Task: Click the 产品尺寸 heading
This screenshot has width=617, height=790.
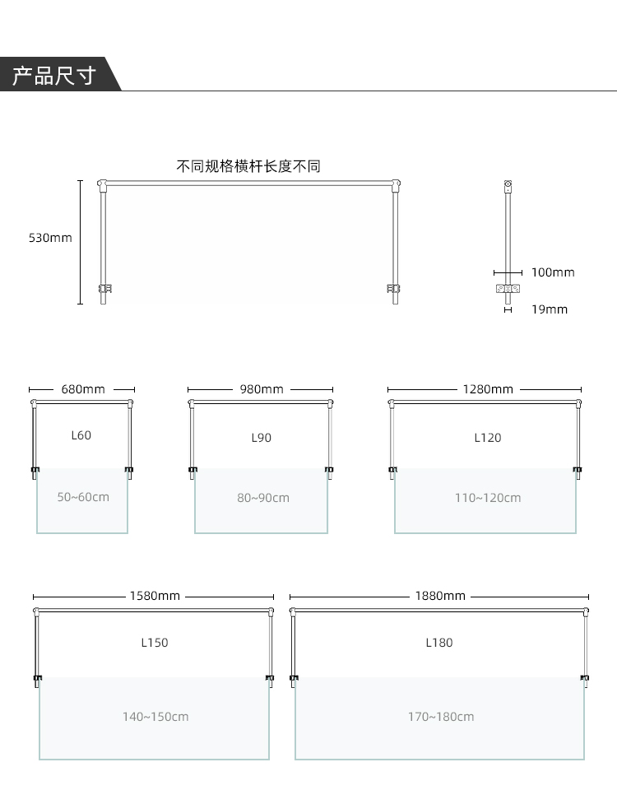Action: pos(54,76)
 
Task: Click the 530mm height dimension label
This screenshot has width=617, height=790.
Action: pos(50,238)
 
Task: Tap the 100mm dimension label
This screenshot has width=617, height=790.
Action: pos(553,272)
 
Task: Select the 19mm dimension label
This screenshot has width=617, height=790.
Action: pos(550,309)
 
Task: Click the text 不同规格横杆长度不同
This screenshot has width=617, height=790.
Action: pos(248,166)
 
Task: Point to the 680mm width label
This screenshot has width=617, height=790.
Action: pos(83,389)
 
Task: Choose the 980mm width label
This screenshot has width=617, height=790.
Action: pos(262,389)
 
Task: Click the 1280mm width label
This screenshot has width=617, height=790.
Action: pos(488,389)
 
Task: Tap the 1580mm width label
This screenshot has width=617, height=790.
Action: pos(155,596)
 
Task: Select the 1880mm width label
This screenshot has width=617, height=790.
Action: pos(440,596)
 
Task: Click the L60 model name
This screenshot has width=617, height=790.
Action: pos(81,435)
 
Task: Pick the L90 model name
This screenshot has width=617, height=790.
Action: pos(262,438)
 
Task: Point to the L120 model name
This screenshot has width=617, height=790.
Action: pos(488,438)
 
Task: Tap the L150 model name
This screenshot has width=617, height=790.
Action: pos(155,643)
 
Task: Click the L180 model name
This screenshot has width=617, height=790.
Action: pos(439,643)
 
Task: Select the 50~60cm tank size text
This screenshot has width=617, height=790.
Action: pos(83,497)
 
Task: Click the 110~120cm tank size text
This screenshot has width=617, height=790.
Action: pos(488,499)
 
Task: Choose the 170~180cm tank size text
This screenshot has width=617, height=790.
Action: pos(441,717)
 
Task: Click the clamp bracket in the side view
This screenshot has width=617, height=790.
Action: pos(508,289)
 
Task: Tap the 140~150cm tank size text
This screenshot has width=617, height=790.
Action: pos(155,717)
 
